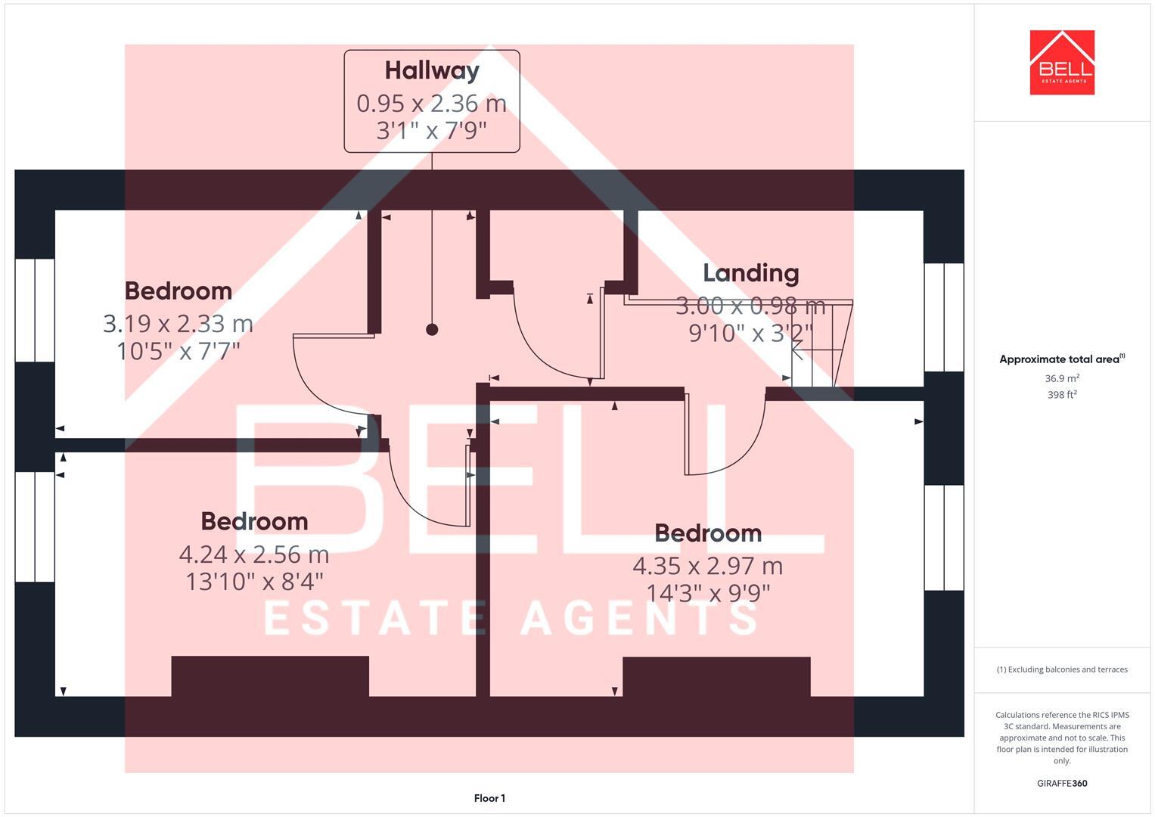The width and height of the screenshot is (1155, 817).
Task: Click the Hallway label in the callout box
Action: point(432,70)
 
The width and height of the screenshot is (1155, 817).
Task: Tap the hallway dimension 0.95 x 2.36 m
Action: point(431,103)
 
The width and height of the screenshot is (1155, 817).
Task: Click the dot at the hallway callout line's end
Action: point(432,329)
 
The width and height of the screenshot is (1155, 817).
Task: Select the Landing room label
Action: point(750,273)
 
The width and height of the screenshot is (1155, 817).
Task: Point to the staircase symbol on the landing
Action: point(821,345)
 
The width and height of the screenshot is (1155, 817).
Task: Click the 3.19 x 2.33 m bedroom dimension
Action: point(178,324)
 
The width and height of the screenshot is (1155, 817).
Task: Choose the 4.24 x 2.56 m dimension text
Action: point(253,555)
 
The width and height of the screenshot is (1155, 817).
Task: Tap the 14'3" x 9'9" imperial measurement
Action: point(708,593)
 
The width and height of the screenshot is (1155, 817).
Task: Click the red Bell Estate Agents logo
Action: point(1062,62)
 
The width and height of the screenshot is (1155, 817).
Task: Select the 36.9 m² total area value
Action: point(1062,378)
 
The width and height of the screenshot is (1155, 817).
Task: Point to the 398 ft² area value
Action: point(1062,395)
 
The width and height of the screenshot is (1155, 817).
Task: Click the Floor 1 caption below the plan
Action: point(489,798)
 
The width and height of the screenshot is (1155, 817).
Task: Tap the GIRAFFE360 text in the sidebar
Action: point(1062,784)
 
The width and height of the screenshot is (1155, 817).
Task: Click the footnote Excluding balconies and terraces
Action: point(1062,669)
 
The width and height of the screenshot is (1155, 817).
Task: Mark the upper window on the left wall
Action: point(35,310)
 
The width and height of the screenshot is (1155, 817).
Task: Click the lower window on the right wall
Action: point(944,537)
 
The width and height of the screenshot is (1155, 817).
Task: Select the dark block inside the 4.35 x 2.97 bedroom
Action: point(716,676)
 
